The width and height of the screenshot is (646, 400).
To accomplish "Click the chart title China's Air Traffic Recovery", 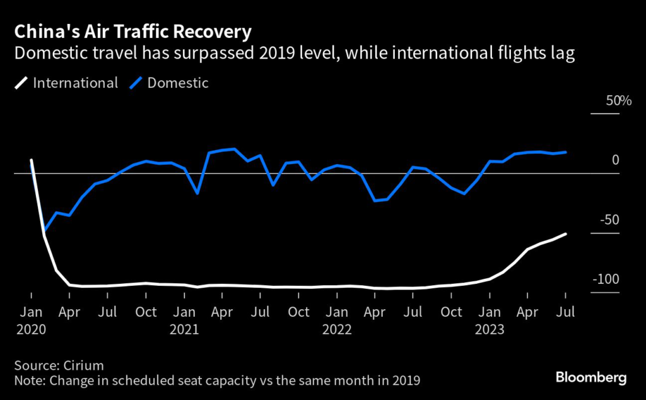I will coord(133,32).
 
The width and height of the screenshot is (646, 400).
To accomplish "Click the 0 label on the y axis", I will coord(615,160).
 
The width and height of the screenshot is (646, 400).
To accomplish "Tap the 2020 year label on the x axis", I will coord(31,328).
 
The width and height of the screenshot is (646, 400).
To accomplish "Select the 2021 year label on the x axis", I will coord(184,328).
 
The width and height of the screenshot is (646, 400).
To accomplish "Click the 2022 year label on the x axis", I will coord(337,328).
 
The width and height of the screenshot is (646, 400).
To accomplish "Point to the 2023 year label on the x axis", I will coord(490,328).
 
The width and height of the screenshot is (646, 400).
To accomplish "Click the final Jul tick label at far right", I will coord(565,312).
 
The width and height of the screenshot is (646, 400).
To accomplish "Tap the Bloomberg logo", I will coord(591,378).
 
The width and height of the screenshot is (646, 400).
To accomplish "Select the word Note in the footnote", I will coord(28,380).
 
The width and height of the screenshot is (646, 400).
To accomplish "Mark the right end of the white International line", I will coord(565,233).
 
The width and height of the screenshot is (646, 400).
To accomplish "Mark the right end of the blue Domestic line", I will coord(565,152).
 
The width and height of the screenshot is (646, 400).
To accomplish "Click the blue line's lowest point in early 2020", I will coord(44,232).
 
